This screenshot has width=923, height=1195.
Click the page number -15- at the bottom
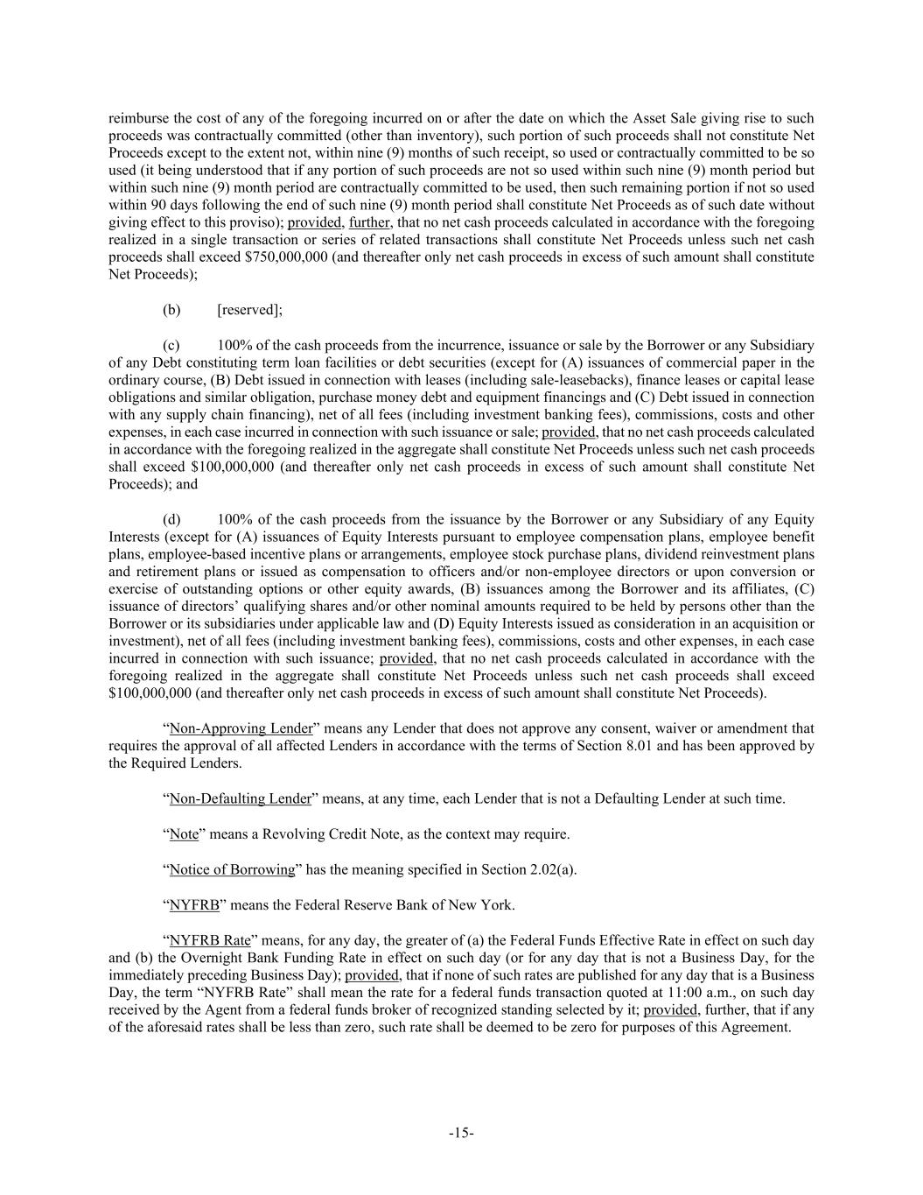click(461, 1133)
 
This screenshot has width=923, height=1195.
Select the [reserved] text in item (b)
click(249, 310)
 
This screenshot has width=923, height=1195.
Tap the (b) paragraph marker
click(171, 310)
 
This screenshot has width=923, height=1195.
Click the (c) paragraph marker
click(171, 345)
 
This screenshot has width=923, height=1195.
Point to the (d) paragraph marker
click(171, 519)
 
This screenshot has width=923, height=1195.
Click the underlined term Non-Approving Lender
click(241, 728)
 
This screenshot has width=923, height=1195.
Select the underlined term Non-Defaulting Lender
click(240, 798)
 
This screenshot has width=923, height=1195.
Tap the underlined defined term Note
click(184, 834)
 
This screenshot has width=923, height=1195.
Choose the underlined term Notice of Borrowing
click(232, 869)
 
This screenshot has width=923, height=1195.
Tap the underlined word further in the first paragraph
click(368, 222)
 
